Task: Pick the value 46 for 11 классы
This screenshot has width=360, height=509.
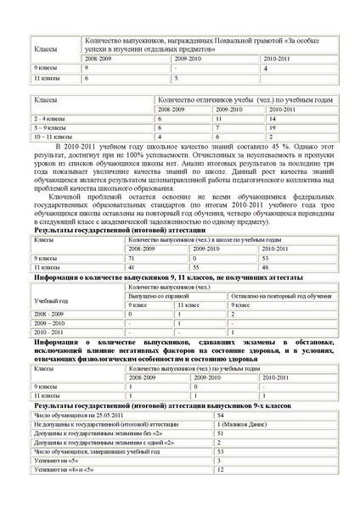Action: point(268,267)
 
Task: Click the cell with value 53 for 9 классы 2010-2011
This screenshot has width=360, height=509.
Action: point(268,258)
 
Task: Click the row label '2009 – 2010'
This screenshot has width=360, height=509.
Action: point(53,324)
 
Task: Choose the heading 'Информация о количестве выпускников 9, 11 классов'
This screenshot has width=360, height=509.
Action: point(127,277)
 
